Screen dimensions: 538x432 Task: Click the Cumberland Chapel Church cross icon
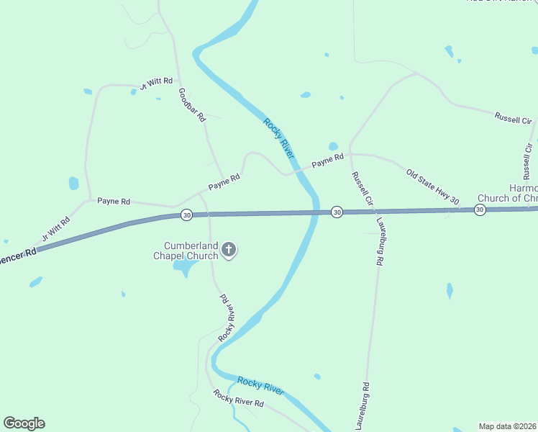(x=229, y=250)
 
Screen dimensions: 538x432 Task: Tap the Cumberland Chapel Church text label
(x=186, y=250)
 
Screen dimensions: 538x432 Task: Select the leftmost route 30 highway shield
(x=186, y=215)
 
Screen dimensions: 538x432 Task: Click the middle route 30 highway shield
(x=336, y=212)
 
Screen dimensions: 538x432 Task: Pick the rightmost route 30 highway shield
(x=480, y=210)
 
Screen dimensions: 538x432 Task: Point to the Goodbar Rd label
(x=192, y=105)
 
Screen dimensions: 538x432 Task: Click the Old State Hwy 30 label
(x=432, y=186)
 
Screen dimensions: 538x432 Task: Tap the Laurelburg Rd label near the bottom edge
(x=365, y=406)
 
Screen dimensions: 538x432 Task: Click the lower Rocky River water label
(x=260, y=385)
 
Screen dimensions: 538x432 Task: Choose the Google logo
(x=24, y=423)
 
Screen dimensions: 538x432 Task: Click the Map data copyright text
(x=507, y=426)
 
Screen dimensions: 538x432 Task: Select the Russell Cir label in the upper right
(x=512, y=119)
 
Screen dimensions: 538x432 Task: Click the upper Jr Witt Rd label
(x=156, y=83)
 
